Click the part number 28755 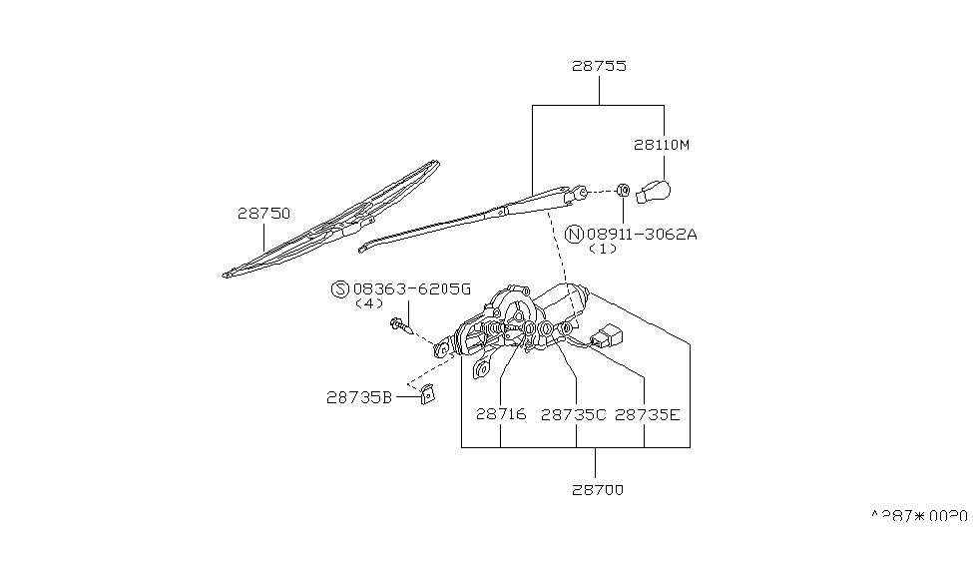coord(599,67)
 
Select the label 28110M coord(661,145)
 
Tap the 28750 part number coord(263,213)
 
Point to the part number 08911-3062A coord(642,235)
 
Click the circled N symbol coord(574,235)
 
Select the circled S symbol coord(339,288)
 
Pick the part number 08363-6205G coord(410,288)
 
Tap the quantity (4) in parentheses coord(368,303)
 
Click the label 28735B coord(358,396)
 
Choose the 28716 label coord(500,414)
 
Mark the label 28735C coord(573,414)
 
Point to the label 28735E coord(647,414)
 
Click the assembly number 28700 coord(599,490)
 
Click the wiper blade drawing coord(329,219)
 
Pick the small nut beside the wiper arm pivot coord(622,189)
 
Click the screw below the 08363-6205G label coord(402,326)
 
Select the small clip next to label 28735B coord(426,393)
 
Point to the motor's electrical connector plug coord(606,337)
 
